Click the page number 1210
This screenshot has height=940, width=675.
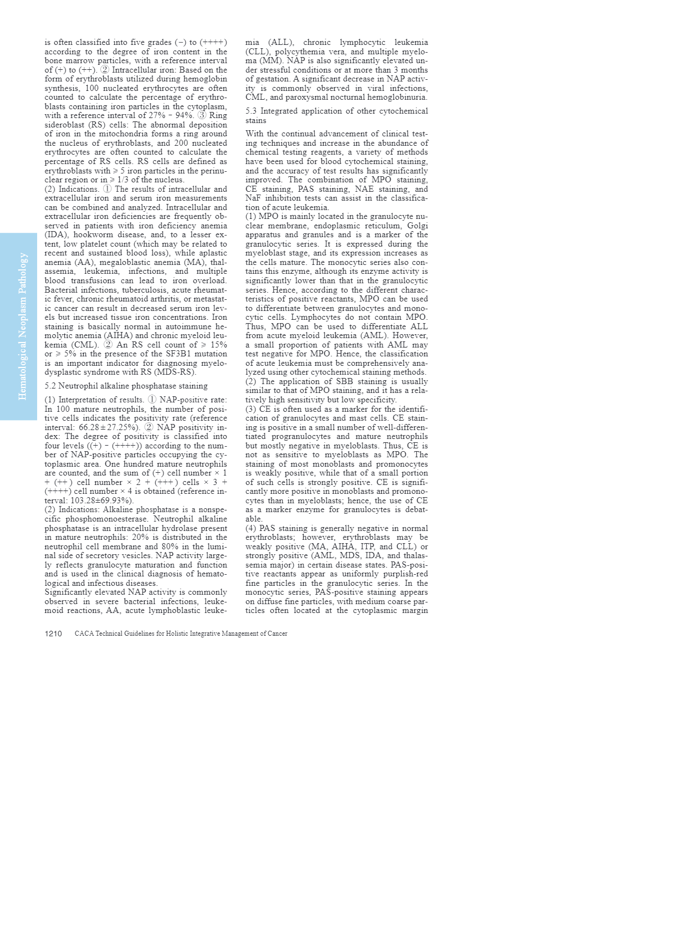[x=53, y=634]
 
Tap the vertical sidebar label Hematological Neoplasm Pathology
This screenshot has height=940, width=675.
[x=23, y=326]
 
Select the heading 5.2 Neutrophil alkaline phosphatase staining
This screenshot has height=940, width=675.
[x=126, y=386]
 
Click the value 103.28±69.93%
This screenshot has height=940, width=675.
[x=101, y=500]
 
